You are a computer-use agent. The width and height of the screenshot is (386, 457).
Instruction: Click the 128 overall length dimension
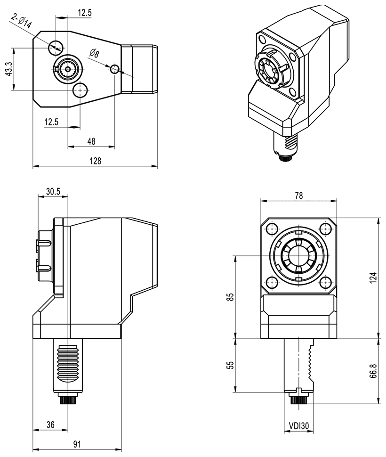(96, 161)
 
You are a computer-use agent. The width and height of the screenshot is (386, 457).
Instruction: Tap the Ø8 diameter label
(94, 53)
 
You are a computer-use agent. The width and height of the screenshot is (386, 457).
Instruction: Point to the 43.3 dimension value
(8, 69)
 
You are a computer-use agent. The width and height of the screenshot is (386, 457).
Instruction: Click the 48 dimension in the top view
(91, 141)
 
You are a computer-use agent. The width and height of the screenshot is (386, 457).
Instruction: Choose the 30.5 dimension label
(53, 191)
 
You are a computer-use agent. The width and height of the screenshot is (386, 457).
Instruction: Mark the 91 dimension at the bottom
(77, 444)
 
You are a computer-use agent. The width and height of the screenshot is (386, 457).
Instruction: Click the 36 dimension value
(50, 424)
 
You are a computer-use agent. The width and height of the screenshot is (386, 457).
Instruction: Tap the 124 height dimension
(373, 278)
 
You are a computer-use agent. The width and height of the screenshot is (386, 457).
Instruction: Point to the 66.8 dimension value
(373, 371)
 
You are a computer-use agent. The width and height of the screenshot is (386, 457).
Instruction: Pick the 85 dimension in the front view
(230, 297)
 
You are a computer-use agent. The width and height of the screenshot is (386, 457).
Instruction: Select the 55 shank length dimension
(230, 366)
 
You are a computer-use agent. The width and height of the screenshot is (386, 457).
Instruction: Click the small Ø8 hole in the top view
(114, 70)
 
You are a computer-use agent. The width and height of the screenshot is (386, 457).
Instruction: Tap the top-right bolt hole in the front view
(325, 229)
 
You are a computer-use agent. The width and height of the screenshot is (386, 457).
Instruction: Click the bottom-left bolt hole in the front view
(271, 282)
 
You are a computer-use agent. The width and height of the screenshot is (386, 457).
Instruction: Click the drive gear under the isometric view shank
(285, 157)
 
